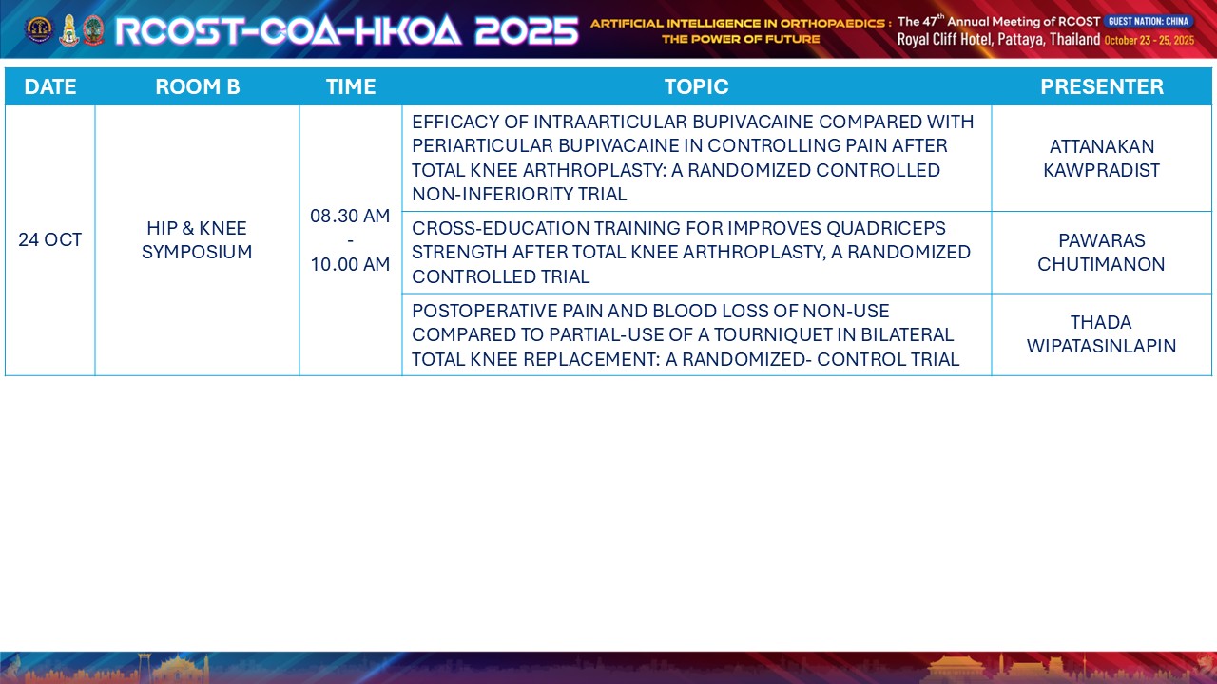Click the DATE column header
50,86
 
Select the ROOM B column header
197,86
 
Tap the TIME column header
351,86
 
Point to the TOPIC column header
696,86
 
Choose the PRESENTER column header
1101,86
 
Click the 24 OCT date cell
50,240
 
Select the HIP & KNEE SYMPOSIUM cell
197,240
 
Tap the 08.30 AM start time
350,216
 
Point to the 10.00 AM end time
350,264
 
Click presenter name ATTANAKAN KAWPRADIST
1101,159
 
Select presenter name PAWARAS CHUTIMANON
1101,253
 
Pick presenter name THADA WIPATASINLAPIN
1101,334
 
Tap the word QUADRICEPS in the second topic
886,229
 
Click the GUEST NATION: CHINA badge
1149,21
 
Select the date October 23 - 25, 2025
1149,40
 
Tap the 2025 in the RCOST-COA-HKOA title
527,30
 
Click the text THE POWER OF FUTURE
741,40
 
